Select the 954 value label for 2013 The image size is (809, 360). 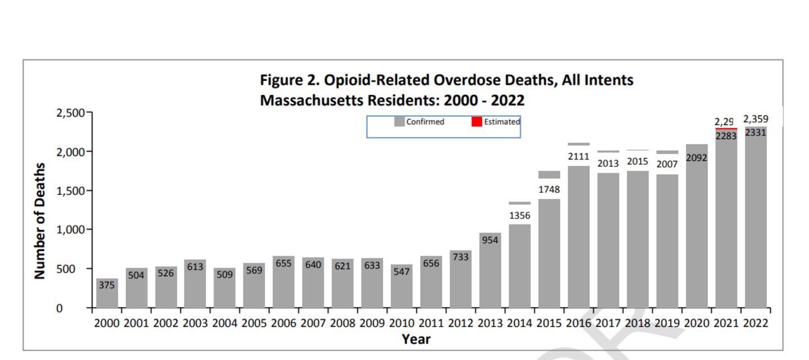tap(489, 240)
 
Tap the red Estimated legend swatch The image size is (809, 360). tap(476, 121)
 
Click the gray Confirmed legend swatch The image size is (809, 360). tap(399, 121)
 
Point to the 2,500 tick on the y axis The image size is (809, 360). tap(70, 113)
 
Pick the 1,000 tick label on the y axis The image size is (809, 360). tap(70, 230)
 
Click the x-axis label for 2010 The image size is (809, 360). tap(401, 323)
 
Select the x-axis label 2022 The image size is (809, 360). tap(755, 323)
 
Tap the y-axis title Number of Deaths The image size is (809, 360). tap(39, 221)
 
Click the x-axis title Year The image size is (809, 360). tap(416, 339)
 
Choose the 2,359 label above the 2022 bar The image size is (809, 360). tap(755, 119)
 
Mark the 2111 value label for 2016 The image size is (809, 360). tap(578, 157)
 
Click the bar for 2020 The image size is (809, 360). tap(696, 236)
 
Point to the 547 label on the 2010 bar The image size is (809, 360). tap(401, 272)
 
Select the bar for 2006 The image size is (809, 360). tap(283, 286)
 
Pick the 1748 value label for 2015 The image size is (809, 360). tap(549, 190)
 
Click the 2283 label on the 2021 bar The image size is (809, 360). tap(726, 136)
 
